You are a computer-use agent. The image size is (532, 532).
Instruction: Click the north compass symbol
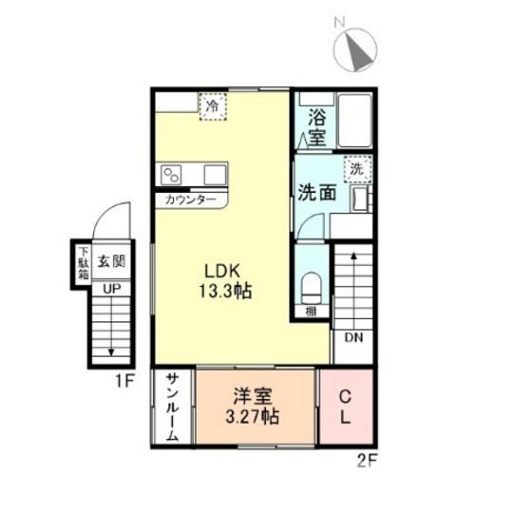point(355,49)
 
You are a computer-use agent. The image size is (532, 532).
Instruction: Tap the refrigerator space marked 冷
point(213,106)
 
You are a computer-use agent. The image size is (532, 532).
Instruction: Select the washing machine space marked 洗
point(357,169)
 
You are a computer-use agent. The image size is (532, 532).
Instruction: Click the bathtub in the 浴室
point(354,121)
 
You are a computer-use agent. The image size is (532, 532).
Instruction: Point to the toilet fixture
point(312,287)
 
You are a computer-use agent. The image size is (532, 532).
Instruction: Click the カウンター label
point(190,200)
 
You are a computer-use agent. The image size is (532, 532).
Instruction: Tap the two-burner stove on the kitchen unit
point(171,175)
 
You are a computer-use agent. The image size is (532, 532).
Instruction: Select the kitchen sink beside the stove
point(215,175)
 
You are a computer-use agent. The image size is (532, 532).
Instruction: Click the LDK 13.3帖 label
point(225,281)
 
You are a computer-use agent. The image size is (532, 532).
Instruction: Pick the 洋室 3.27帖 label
point(253,407)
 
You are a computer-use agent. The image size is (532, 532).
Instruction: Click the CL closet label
point(346,407)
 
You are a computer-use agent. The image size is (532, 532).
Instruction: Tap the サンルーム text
point(173,407)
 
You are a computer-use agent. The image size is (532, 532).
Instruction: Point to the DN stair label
point(353,337)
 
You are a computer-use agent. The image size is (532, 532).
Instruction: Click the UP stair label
point(112,289)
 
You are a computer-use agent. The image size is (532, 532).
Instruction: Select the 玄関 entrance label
point(112,261)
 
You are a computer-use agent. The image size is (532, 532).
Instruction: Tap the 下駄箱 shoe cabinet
point(84,263)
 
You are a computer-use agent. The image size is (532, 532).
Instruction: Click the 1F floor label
point(124,381)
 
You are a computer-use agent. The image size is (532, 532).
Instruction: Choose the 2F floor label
point(367,461)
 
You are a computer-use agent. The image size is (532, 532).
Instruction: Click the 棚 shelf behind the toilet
point(312,312)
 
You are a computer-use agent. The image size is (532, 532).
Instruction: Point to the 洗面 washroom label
point(317,193)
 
